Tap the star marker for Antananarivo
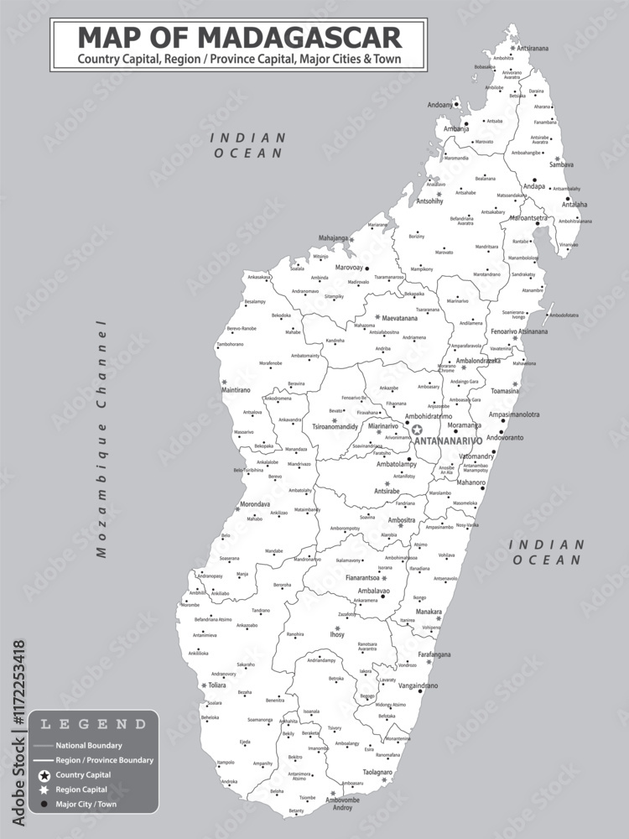click(x=417, y=430)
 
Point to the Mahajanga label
click(x=333, y=238)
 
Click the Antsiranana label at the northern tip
click(x=533, y=49)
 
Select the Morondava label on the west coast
click(x=255, y=504)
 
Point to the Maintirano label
click(x=237, y=390)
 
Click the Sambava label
click(x=561, y=165)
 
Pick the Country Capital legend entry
click(x=83, y=774)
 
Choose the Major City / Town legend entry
click(x=86, y=805)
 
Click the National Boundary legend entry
click(x=89, y=745)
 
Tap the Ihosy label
click(x=337, y=635)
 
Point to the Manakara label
click(x=429, y=612)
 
